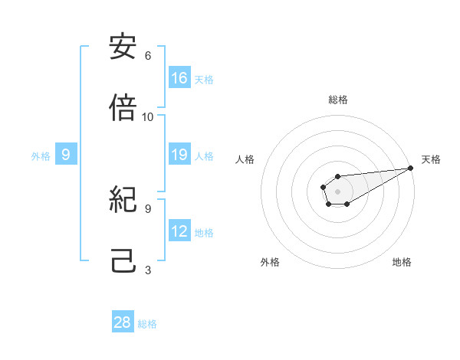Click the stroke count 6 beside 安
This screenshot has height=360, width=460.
[x=148, y=56]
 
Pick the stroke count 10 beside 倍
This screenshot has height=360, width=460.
[x=148, y=117]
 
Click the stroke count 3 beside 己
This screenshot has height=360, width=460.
[x=148, y=270]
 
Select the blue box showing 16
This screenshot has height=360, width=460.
[x=179, y=78]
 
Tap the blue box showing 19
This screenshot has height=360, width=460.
[x=179, y=155]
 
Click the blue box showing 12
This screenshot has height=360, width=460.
[x=179, y=231]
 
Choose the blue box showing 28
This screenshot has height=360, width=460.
[x=123, y=322]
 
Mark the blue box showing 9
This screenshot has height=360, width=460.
[x=66, y=155]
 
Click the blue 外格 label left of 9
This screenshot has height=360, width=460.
[x=41, y=156]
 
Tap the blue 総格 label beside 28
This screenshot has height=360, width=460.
[x=147, y=323]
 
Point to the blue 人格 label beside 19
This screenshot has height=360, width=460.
[x=204, y=156]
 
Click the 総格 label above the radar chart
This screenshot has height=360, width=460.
[x=337, y=100]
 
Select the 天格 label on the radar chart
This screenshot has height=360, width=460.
[x=431, y=159]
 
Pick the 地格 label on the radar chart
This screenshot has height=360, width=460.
[x=402, y=262]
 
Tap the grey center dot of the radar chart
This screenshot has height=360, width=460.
[x=337, y=190]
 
